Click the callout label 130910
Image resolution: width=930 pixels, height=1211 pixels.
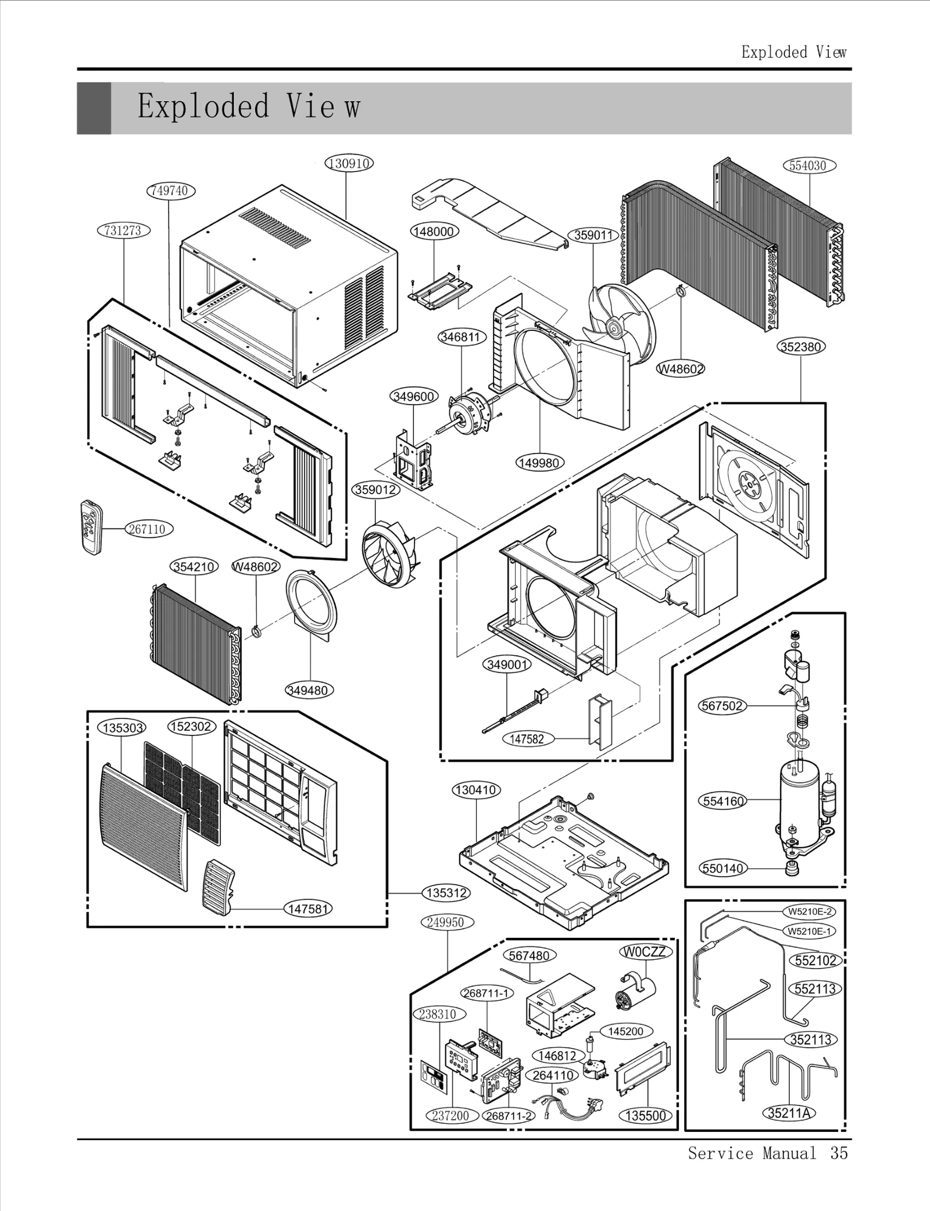349,163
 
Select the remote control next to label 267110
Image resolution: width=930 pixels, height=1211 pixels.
91,527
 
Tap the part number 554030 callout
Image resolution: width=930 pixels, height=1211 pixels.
808,166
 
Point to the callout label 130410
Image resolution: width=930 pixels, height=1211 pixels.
476,790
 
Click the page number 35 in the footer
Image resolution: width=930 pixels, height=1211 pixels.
839,1164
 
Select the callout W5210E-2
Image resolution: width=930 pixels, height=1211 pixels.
810,911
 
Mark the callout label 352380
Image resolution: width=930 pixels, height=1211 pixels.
801,347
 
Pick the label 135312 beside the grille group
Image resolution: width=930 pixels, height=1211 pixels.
446,893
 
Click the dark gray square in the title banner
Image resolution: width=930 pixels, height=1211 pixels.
94,109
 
